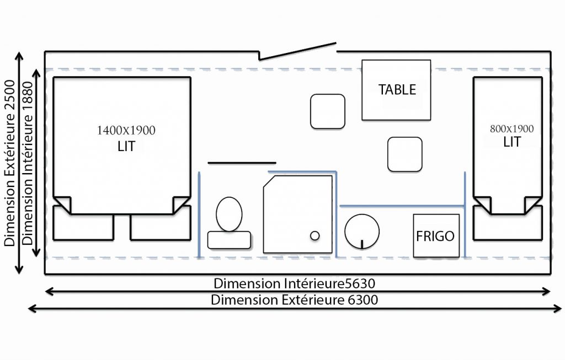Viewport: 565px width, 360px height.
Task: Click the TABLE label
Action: point(397,90)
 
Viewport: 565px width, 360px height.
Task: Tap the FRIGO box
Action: point(436,236)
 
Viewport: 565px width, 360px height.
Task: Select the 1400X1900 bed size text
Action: point(126,130)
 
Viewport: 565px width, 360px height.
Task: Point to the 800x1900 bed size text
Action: point(511,129)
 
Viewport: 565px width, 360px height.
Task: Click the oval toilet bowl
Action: point(229,214)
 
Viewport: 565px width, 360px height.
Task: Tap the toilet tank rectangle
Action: point(229,240)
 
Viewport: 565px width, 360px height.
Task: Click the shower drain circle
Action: point(315,235)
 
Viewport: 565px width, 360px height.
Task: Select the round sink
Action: point(362,232)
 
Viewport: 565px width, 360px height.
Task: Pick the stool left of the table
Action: point(328,111)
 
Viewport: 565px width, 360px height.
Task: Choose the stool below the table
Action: point(404,154)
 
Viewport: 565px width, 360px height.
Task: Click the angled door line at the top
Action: point(297,51)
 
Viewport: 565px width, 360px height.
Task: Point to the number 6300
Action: point(363,300)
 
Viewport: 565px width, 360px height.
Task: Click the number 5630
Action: point(360,284)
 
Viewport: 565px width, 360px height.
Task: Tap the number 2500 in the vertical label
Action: point(10,95)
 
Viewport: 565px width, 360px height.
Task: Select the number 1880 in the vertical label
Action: point(27,97)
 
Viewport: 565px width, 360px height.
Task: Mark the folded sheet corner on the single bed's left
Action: point(482,205)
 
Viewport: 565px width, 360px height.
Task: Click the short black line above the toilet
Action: point(242,163)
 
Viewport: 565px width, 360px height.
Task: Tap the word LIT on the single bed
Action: point(512,142)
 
